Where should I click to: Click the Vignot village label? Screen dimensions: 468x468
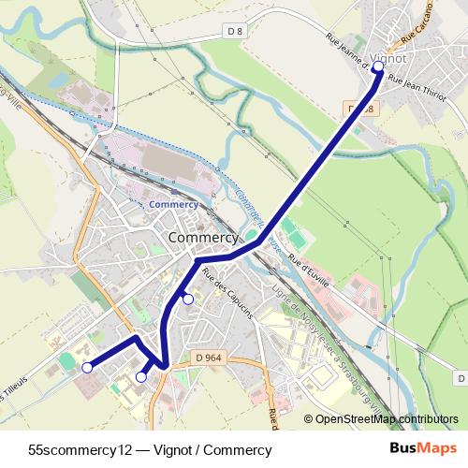[388, 58]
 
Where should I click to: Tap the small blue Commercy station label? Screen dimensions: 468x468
[173, 203]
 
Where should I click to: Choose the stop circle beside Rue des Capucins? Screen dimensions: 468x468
[188, 299]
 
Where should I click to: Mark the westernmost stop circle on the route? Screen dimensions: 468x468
[87, 368]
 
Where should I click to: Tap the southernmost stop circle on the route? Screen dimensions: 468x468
[141, 377]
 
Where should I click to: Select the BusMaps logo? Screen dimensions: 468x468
[431, 448]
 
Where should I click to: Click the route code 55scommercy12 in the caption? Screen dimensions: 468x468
[77, 450]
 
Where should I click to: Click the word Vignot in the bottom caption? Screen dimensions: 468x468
[164, 450]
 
